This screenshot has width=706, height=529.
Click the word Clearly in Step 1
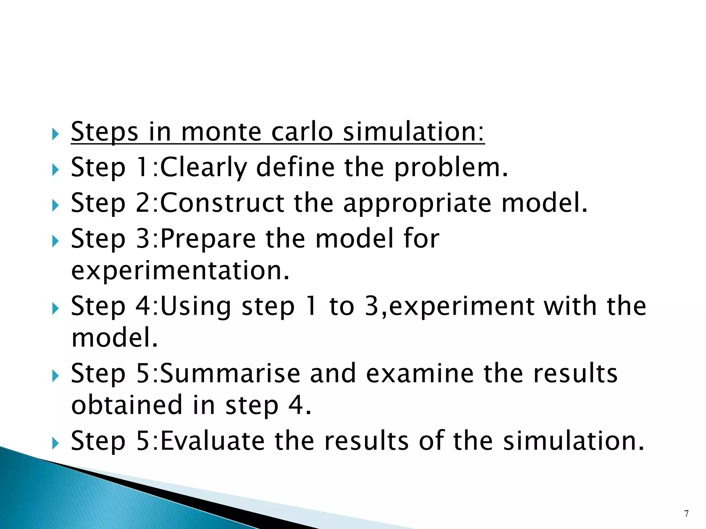(204, 167)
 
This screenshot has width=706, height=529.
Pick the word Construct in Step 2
(222, 203)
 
